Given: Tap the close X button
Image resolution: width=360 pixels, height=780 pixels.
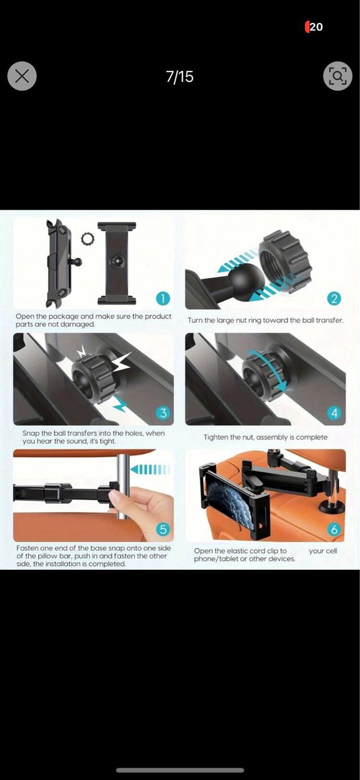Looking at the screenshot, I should click(22, 76).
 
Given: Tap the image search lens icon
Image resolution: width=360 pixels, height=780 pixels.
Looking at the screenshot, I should click(337, 76).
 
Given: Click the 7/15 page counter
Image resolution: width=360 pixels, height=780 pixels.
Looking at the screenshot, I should click(179, 76).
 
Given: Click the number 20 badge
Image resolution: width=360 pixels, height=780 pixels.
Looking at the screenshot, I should click(316, 27).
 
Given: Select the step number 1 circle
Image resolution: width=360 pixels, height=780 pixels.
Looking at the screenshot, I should click(163, 299).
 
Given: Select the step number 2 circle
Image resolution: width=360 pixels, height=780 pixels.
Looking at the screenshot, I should click(334, 299).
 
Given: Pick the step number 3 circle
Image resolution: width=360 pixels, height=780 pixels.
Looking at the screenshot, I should click(163, 413).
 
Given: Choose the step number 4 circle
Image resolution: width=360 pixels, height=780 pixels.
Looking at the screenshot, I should click(334, 413).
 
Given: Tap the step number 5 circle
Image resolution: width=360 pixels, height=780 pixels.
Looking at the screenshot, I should click(163, 529).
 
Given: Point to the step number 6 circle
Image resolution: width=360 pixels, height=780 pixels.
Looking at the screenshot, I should click(334, 529).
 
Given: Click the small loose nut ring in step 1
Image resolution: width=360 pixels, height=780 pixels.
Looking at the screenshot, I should click(87, 238).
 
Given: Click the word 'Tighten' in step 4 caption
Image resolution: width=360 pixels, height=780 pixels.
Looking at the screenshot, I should click(216, 437).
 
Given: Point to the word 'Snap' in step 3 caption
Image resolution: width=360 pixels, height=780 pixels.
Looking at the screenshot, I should click(31, 434).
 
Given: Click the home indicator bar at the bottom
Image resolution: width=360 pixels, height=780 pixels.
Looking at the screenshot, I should click(180, 770).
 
